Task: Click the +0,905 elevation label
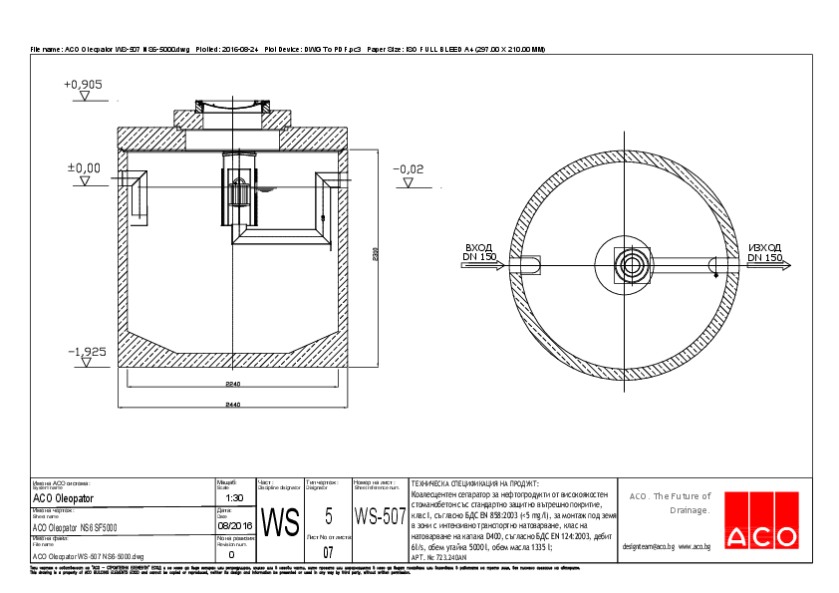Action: click(x=84, y=85)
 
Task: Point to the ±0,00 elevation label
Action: click(x=84, y=167)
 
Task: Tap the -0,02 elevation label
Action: click(x=408, y=169)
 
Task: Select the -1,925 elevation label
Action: click(x=86, y=352)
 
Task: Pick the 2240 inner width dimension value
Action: click(x=231, y=383)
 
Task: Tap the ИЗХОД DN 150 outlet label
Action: click(x=764, y=252)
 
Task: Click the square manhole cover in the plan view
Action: click(x=632, y=264)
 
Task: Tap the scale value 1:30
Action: click(x=234, y=497)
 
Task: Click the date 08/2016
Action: click(x=234, y=525)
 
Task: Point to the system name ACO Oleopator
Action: click(x=64, y=497)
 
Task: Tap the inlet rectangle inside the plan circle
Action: click(x=528, y=264)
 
